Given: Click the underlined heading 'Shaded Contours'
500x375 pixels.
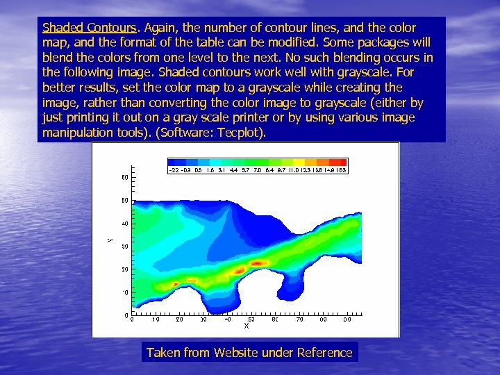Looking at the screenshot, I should point(89,28).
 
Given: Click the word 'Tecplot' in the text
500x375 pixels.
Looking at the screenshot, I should point(240,132).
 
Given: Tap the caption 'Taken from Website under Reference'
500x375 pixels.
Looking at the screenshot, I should point(249,353).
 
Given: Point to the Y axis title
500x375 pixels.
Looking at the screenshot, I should point(110,240).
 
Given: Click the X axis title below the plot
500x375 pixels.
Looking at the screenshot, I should point(246,325).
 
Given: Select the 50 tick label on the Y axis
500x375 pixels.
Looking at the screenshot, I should point(125,201).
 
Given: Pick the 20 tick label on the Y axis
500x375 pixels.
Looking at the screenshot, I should point(125,269).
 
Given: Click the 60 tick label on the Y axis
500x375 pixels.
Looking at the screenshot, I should point(125,178).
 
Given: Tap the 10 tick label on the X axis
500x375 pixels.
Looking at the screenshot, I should point(156,320).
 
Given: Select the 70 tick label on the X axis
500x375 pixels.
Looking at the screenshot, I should point(299,320).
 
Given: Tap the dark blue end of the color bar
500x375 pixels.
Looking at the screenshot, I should point(174,162).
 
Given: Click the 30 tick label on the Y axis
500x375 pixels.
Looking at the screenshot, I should point(125,247).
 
